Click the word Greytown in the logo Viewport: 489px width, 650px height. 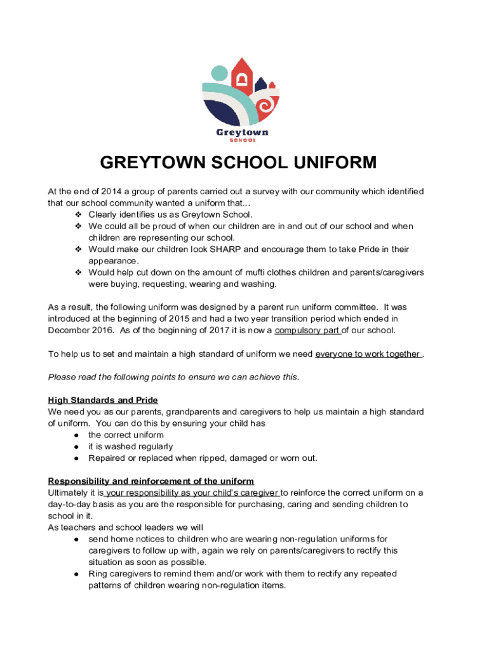243,132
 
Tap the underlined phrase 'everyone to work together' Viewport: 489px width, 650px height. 368,354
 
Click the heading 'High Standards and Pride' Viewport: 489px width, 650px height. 103,400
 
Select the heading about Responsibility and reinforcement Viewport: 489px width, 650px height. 151,481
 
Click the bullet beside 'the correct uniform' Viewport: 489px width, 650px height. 76,435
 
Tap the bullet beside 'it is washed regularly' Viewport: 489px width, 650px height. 76,447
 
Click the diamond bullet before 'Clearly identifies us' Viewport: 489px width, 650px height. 79,215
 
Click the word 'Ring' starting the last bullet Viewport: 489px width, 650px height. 98,574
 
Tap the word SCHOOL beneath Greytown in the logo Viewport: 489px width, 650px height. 243,141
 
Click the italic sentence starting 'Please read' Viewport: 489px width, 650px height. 173,377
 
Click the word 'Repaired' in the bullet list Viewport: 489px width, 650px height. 107,458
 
